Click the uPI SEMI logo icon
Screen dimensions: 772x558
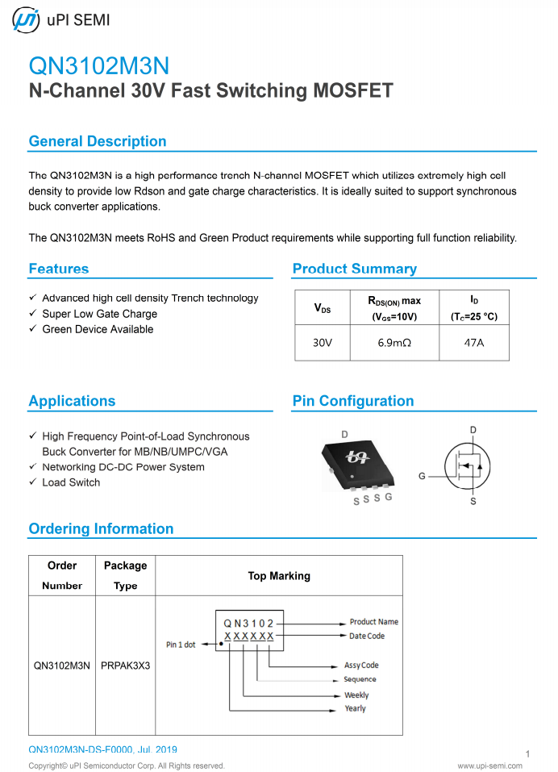[x=26, y=21]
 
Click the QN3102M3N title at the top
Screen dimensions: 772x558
[x=98, y=65]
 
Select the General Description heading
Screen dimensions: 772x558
[x=98, y=141]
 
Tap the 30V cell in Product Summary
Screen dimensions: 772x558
[x=323, y=343]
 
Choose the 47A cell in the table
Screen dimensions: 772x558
[x=474, y=343]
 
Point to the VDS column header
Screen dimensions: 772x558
[x=323, y=308]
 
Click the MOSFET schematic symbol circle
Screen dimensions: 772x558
[x=468, y=465]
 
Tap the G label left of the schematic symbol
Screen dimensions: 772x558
[x=422, y=477]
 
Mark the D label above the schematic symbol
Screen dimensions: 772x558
[x=473, y=429]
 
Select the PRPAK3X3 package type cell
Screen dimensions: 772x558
[x=125, y=666]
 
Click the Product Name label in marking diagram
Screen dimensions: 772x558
[x=373, y=622]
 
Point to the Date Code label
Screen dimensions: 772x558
[x=367, y=636]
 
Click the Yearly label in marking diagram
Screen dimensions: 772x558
[x=355, y=709]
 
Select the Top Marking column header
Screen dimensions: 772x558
[x=278, y=576]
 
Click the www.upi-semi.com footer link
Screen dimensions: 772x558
[x=494, y=766]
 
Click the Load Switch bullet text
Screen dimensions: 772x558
[x=71, y=482]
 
